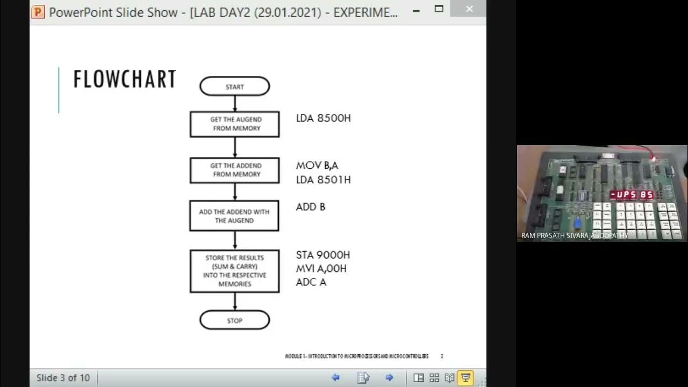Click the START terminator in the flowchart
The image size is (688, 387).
pyautogui.click(x=234, y=87)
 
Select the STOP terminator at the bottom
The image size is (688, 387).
pyautogui.click(x=234, y=320)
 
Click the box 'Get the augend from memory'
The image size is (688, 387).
pyautogui.click(x=235, y=124)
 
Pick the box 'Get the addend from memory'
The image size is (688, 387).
pyautogui.click(x=235, y=170)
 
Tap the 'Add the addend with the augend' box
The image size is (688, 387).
pyautogui.click(x=234, y=216)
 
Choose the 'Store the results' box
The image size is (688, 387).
pyautogui.click(x=235, y=271)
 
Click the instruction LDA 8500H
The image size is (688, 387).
pyautogui.click(x=323, y=118)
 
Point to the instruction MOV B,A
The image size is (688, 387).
pyautogui.click(x=317, y=166)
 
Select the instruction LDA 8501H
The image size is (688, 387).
pyautogui.click(x=323, y=180)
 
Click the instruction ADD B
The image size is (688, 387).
pyautogui.click(x=311, y=207)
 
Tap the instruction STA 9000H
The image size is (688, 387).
pyautogui.click(x=322, y=255)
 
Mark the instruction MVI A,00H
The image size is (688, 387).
pyautogui.click(x=321, y=268)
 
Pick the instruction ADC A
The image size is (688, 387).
pyautogui.click(x=311, y=282)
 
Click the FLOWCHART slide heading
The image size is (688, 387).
pyautogui.click(x=125, y=80)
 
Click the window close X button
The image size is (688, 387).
pyautogui.click(x=469, y=9)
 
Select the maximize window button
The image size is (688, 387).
pyautogui.click(x=439, y=9)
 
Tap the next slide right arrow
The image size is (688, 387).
pyautogui.click(x=390, y=378)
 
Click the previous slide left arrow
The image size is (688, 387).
pyautogui.click(x=336, y=378)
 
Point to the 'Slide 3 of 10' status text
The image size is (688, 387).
pyautogui.click(x=63, y=378)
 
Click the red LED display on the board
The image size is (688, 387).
pyautogui.click(x=632, y=195)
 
